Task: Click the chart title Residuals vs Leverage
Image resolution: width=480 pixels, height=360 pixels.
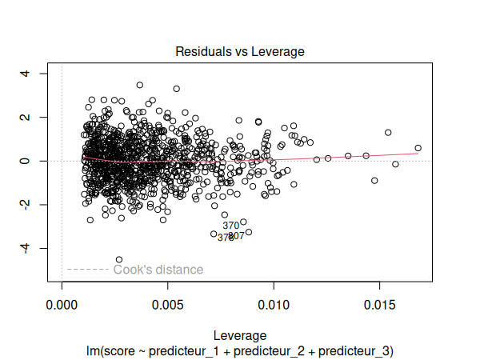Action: (x=240, y=52)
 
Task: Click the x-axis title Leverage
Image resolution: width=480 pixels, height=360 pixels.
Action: (x=240, y=335)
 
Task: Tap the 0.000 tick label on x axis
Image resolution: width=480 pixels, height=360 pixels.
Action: (x=62, y=305)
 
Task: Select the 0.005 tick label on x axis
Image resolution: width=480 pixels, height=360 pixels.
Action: (x=167, y=305)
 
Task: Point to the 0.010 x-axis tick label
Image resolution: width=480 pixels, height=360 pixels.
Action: (x=274, y=305)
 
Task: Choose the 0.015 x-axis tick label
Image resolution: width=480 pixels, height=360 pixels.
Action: (x=379, y=305)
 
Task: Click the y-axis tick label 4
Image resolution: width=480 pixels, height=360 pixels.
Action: (x=25, y=74)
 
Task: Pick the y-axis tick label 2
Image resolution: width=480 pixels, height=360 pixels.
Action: (x=25, y=118)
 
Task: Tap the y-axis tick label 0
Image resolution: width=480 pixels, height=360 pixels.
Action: (x=25, y=161)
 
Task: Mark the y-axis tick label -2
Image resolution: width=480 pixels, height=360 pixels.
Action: (x=25, y=205)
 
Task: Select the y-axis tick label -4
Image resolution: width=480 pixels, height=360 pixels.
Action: (x=25, y=249)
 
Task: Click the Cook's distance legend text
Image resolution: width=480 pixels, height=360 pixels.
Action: (x=158, y=270)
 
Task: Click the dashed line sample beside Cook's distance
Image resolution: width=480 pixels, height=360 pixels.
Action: (x=87, y=270)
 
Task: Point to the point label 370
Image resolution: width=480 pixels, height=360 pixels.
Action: (x=231, y=226)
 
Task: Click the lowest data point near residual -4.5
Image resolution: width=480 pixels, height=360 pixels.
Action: (x=119, y=259)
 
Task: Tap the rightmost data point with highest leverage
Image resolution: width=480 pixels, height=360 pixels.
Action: (x=418, y=148)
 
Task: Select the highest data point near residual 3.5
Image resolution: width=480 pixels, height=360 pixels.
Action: (x=140, y=85)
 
